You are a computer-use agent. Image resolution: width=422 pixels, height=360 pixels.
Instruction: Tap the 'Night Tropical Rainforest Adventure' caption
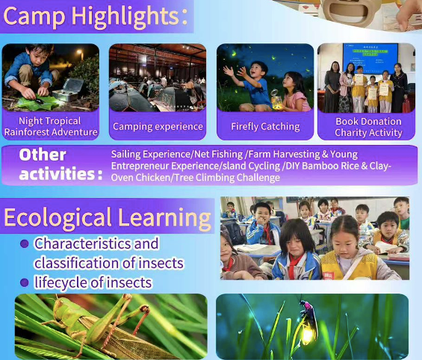(x=51, y=126)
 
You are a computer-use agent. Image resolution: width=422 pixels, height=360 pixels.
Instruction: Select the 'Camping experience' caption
(x=158, y=126)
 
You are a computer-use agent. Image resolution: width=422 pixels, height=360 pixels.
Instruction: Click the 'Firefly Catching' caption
(x=265, y=126)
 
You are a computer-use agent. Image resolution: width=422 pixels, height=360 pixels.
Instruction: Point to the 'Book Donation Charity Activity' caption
(x=368, y=126)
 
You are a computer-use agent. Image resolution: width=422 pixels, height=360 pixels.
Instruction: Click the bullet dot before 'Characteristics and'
(x=24, y=243)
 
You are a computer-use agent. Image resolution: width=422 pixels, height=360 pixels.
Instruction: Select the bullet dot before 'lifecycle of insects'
(x=24, y=283)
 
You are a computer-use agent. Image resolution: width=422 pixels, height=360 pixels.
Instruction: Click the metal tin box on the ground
(x=72, y=87)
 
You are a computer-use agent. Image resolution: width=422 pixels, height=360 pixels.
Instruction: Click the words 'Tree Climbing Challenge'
(x=231, y=178)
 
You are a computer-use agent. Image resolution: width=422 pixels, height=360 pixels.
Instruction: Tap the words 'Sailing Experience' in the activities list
(x=146, y=154)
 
